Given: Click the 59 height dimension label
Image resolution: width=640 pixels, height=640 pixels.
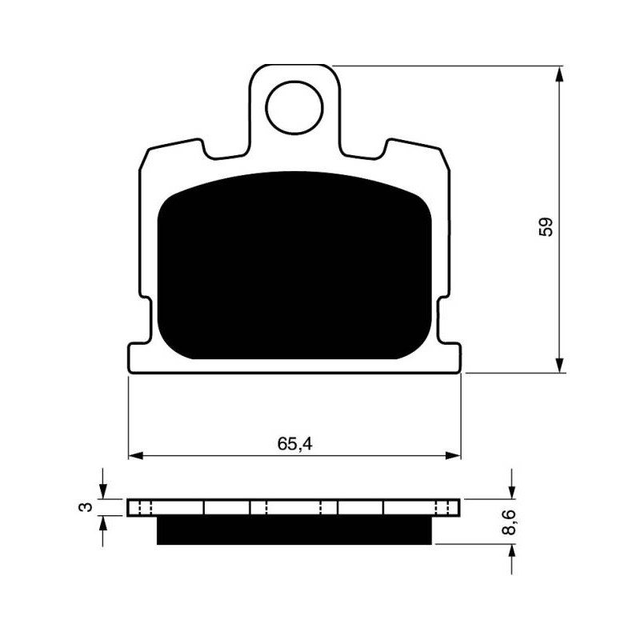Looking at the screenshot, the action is pyautogui.click(x=546, y=227).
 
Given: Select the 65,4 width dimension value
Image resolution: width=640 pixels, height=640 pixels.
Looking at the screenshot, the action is pyautogui.click(x=294, y=444).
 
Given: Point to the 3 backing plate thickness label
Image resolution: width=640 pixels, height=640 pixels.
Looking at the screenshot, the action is pyautogui.click(x=86, y=507).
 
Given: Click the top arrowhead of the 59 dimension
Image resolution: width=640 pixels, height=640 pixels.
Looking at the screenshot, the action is pyautogui.click(x=559, y=74).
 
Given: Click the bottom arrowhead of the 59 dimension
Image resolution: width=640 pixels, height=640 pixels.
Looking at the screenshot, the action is pyautogui.click(x=559, y=365).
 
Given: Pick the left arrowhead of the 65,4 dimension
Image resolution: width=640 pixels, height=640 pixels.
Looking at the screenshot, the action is pyautogui.click(x=136, y=456).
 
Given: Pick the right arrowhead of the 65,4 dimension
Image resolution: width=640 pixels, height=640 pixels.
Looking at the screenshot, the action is pyautogui.click(x=453, y=456).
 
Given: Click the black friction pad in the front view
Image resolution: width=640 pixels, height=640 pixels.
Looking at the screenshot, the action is pyautogui.click(x=294, y=266).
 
